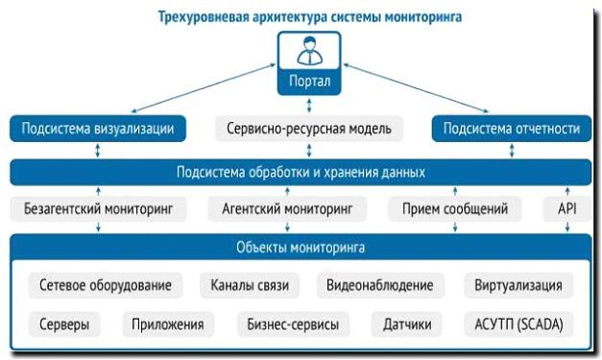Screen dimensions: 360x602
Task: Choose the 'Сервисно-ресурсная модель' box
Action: pos(308,128)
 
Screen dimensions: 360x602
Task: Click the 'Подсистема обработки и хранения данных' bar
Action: pos(301,173)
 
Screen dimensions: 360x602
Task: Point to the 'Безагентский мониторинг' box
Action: pos(98,206)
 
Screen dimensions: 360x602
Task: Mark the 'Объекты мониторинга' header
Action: pos(301,248)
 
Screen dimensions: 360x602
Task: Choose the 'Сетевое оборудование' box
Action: pos(106,285)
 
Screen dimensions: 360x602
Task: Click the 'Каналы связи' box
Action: pos(250,285)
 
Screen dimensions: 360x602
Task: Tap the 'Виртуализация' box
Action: pos(518,285)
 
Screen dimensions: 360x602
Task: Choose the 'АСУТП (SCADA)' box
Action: pos(518,324)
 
